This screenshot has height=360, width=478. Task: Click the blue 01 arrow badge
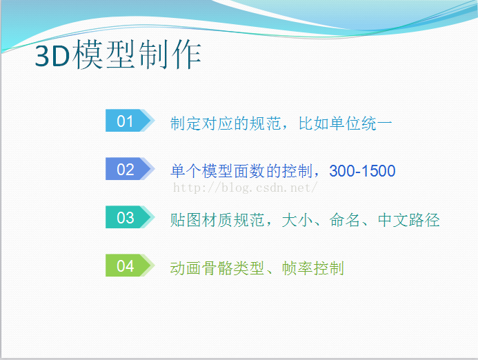(130, 121)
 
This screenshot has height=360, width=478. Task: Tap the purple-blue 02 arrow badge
(130, 169)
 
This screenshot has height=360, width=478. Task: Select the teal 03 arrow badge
(130, 217)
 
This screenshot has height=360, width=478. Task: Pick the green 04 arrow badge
(130, 266)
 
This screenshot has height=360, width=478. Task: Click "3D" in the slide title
(52, 56)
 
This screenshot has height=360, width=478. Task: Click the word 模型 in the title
(103, 55)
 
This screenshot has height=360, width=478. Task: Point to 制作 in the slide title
(170, 55)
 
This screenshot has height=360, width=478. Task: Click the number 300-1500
(362, 171)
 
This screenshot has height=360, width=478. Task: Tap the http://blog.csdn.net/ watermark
(246, 188)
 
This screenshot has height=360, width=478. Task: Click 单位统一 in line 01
(361, 123)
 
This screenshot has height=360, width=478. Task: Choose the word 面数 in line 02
(250, 171)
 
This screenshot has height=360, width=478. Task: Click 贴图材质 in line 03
(201, 220)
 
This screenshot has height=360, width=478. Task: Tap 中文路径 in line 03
(409, 220)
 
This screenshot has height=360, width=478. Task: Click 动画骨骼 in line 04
(201, 268)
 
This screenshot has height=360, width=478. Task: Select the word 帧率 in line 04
(297, 268)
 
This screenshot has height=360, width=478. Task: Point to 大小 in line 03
(297, 220)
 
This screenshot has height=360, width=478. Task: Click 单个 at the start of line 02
(186, 171)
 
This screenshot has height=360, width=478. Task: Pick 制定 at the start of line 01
(186, 123)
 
